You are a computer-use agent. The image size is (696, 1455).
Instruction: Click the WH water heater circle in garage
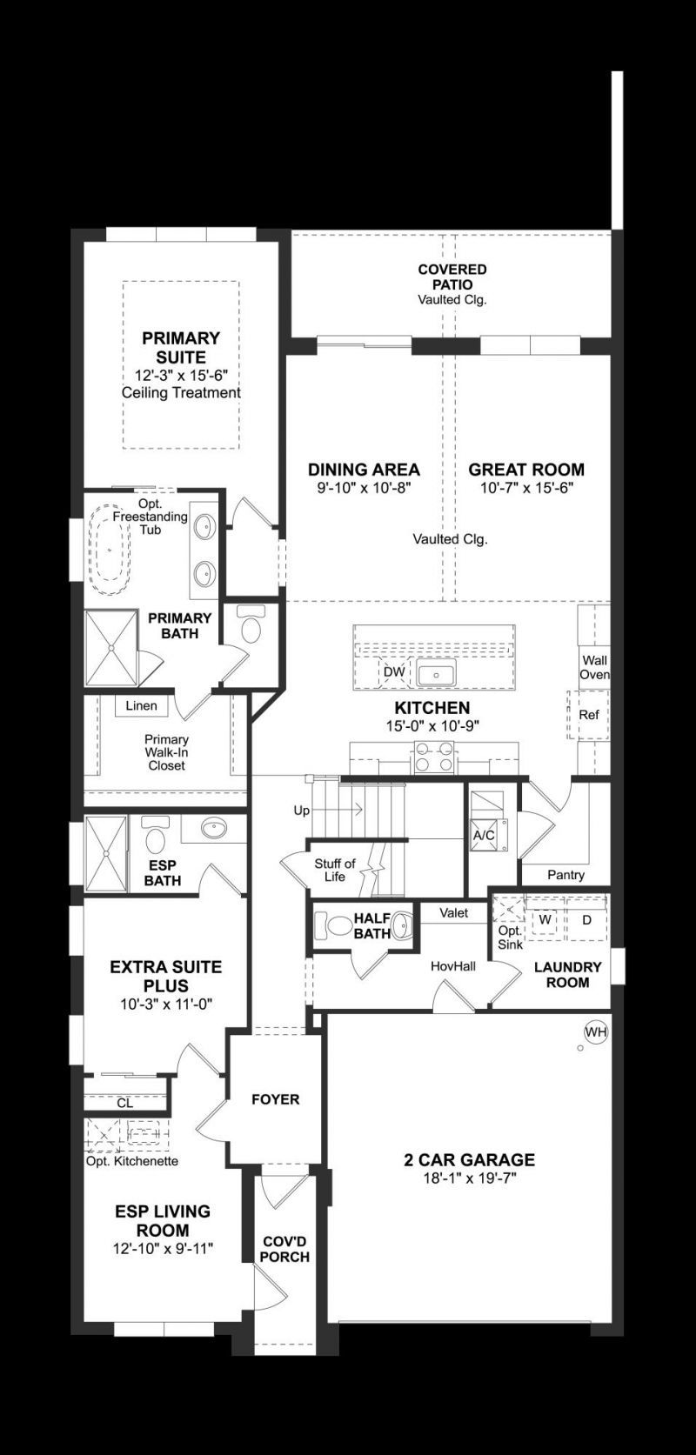(596, 1032)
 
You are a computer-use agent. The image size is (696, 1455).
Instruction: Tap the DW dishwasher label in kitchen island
(394, 671)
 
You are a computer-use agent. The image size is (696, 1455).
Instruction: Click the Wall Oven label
(595, 667)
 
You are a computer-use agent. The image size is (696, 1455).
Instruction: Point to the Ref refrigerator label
(589, 715)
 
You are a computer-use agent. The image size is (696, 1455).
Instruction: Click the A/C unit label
(484, 835)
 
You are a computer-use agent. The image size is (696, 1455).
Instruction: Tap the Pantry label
(565, 874)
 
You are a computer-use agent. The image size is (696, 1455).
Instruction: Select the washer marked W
(545, 919)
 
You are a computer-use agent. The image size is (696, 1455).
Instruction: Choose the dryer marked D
(586, 919)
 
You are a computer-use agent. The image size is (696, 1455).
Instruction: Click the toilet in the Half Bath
(331, 925)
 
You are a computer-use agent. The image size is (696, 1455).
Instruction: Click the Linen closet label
(141, 705)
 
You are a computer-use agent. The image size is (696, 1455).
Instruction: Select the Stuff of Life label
(335, 870)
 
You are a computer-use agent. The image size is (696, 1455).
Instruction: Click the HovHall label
(452, 966)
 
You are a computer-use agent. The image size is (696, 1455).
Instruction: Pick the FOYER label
(275, 1099)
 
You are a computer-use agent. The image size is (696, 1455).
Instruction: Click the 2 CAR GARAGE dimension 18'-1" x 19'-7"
(469, 1178)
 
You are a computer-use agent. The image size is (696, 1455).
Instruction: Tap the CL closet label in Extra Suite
(124, 1103)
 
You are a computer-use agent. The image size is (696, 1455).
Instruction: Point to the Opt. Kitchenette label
(131, 1161)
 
